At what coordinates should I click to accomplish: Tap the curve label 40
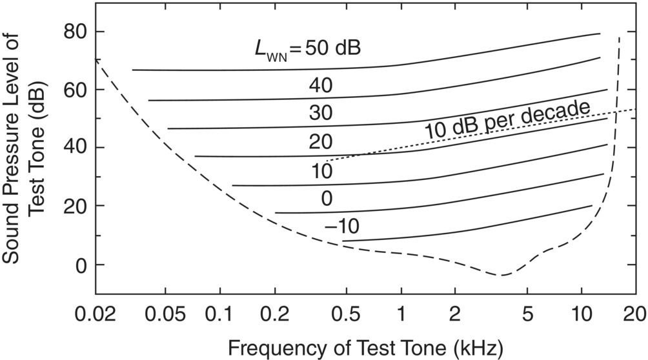coord(318,85)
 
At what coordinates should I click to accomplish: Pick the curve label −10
coord(341,226)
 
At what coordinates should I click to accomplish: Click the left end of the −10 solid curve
coord(343,241)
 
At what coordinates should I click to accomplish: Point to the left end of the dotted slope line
coord(327,161)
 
